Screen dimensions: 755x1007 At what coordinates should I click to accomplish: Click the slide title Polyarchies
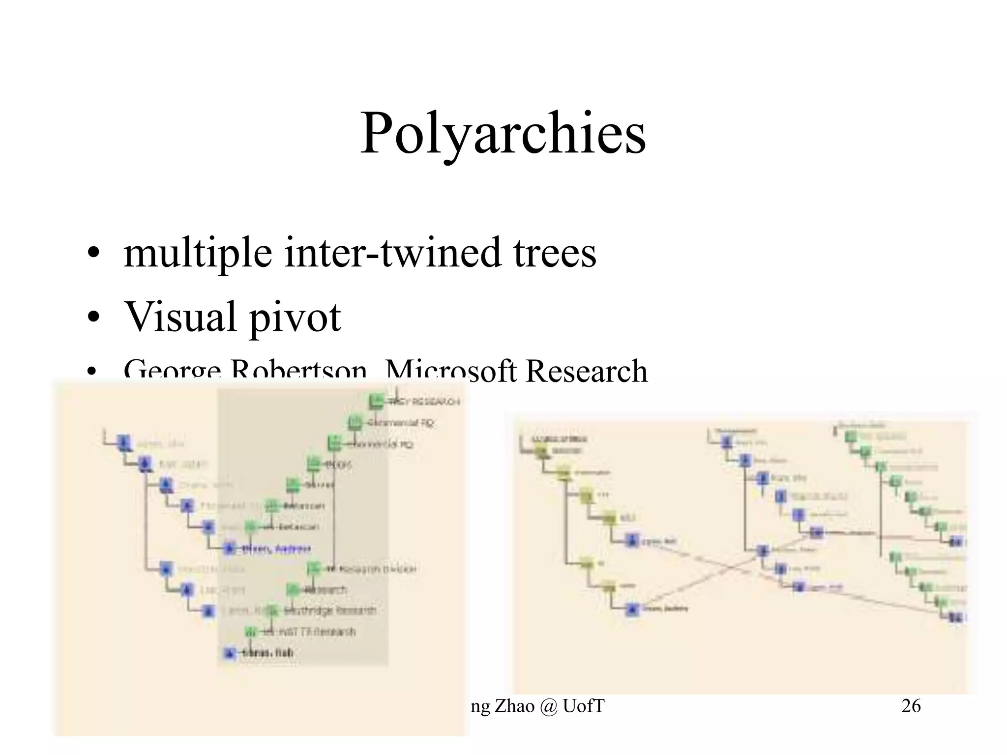pos(503,134)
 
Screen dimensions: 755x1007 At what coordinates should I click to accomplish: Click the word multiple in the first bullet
pos(197,253)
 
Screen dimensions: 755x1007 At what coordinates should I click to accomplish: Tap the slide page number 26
pos(911,706)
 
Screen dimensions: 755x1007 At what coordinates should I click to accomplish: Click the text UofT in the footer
pos(583,706)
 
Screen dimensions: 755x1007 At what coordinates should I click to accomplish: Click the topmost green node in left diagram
pos(376,401)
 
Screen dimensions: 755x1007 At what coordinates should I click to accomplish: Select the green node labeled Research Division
pos(314,569)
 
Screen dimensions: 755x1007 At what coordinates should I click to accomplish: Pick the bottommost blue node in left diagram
pos(229,653)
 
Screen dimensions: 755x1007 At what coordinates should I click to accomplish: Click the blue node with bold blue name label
pos(229,548)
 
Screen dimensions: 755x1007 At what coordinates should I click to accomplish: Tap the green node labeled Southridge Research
pos(272,610)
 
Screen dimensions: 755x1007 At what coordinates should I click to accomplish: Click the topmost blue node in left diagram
pos(124,442)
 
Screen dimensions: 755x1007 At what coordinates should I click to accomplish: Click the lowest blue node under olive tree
pos(631,609)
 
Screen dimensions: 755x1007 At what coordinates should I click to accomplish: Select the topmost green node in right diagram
pos(850,436)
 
